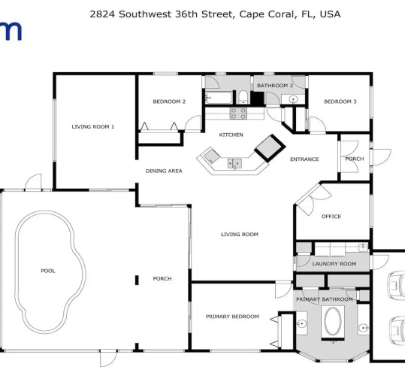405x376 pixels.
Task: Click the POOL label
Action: pyautogui.click(x=48, y=271)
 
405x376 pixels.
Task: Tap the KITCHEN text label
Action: pyautogui.click(x=231, y=135)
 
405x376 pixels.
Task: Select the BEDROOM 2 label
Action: pyautogui.click(x=169, y=102)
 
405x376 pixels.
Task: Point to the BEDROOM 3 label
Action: pyautogui.click(x=340, y=102)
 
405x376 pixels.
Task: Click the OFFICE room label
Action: pyautogui.click(x=331, y=217)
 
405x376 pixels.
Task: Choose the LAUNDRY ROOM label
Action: pyautogui.click(x=334, y=264)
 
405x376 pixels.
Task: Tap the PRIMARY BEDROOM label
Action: pyautogui.click(x=232, y=317)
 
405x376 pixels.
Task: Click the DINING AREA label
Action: pyautogui.click(x=164, y=171)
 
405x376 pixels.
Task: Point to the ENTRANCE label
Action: pyautogui.click(x=304, y=159)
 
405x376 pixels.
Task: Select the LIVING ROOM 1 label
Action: pyautogui.click(x=92, y=126)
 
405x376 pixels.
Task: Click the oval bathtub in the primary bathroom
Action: pyautogui.click(x=333, y=321)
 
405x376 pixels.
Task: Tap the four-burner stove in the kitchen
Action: pyautogui.click(x=238, y=114)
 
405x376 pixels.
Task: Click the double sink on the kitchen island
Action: pyautogui.click(x=234, y=163)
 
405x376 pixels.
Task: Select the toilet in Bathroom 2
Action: pyautogui.click(x=243, y=97)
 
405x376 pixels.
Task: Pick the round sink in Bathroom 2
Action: pyautogui.click(x=293, y=99)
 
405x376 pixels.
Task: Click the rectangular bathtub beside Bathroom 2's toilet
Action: pyautogui.click(x=219, y=98)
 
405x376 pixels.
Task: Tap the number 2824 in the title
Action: pyautogui.click(x=102, y=14)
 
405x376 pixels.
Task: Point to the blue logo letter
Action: pyautogui.click(x=10, y=31)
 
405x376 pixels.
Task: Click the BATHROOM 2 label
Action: pyautogui.click(x=275, y=86)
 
